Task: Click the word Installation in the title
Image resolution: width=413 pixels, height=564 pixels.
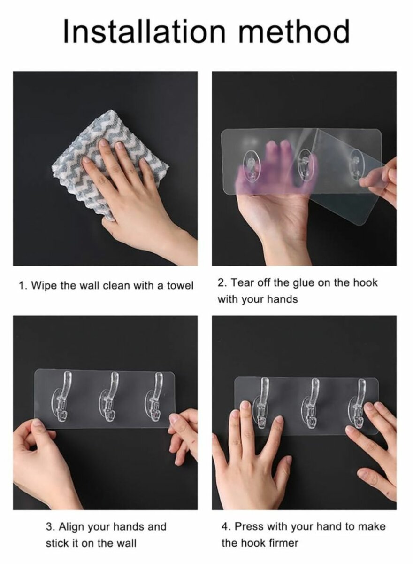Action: (144, 31)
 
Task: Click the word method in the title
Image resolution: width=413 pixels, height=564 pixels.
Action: (294, 31)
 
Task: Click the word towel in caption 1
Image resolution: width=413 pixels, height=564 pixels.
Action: (181, 286)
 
